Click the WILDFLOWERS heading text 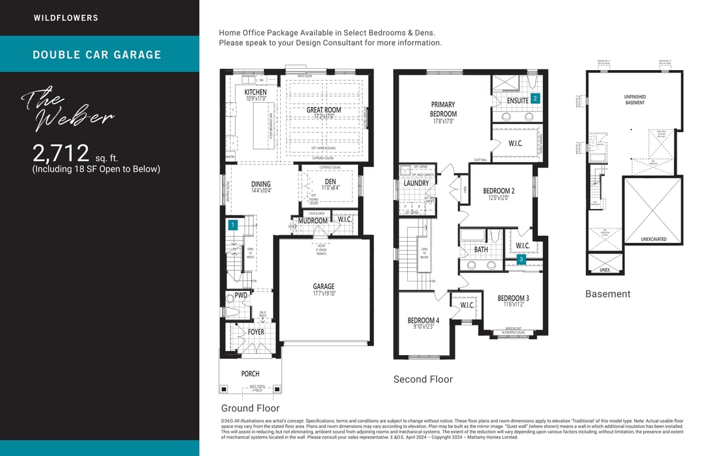point(66,18)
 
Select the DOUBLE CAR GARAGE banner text point(97,55)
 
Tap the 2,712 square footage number point(61,153)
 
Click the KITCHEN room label point(256,92)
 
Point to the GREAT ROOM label point(324,110)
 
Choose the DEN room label point(330,181)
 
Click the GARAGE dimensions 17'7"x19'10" point(324,293)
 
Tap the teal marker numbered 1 point(233,224)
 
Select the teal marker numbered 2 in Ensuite point(535,99)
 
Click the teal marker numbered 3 point(521,259)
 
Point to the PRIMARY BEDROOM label point(443,109)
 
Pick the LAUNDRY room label point(416,183)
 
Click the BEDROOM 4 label point(423,321)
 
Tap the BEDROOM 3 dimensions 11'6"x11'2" point(513,305)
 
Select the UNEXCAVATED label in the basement point(653,239)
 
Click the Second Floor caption point(423,379)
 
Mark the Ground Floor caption point(250,408)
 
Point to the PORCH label point(250,373)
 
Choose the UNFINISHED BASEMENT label point(635,100)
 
